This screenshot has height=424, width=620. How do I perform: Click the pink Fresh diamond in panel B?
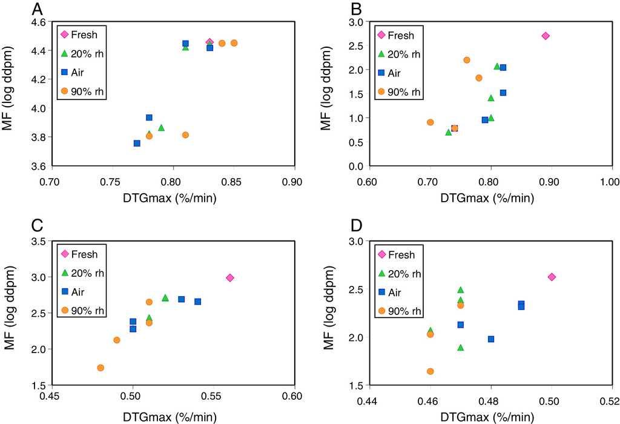(545, 36)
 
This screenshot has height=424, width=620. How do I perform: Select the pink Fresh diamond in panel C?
(229, 277)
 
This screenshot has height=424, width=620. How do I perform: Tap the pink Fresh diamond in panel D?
(551, 277)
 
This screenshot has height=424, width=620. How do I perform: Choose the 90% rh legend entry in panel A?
(82, 91)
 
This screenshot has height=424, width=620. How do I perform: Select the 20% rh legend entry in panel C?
(82, 273)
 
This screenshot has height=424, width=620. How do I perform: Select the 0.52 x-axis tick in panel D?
(609, 400)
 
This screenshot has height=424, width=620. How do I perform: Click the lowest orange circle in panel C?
(101, 368)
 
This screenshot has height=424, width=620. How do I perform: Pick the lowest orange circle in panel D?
(430, 371)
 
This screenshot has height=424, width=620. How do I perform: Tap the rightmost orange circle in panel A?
(234, 43)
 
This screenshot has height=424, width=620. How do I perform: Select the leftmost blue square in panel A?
(137, 143)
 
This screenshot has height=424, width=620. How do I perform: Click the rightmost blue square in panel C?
(197, 302)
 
